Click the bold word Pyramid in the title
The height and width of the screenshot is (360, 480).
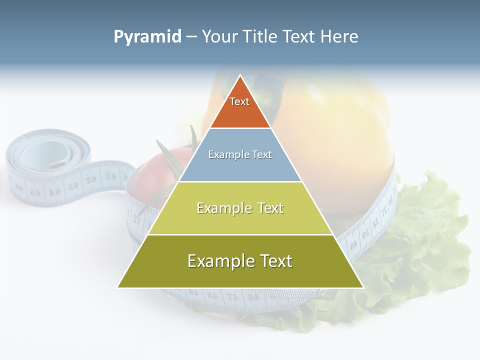pos(147,37)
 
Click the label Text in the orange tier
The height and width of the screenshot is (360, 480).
pos(239,101)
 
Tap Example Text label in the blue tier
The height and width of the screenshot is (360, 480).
pos(240,154)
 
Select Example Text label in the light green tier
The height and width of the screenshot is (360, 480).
pos(240,208)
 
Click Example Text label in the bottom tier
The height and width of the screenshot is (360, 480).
pos(240,261)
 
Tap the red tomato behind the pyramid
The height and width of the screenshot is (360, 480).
pos(155,172)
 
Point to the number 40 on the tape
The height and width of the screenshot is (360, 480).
pos(353,245)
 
